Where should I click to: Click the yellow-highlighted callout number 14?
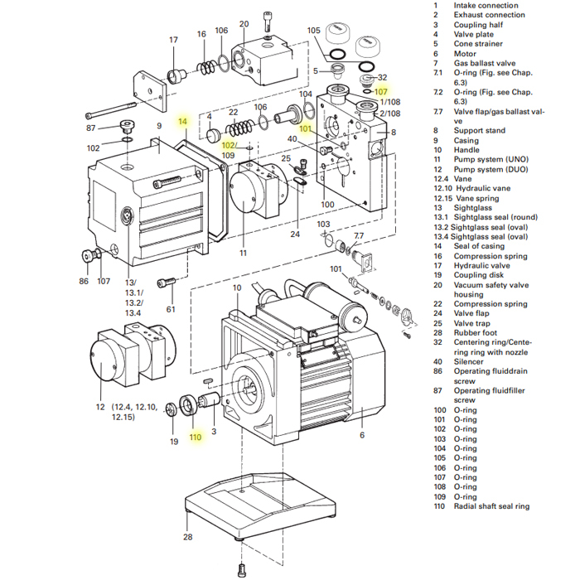click(x=183, y=122)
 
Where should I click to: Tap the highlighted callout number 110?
click(x=195, y=437)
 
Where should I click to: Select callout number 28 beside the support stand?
click(x=187, y=538)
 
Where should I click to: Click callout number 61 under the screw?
click(x=171, y=309)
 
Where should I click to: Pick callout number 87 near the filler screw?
click(x=91, y=128)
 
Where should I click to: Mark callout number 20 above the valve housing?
click(x=243, y=24)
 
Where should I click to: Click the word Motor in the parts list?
click(x=465, y=54)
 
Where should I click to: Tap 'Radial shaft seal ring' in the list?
click(x=491, y=505)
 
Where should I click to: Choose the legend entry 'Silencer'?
click(x=470, y=361)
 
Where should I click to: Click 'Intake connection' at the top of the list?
click(x=486, y=6)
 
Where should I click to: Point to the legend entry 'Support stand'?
click(x=479, y=130)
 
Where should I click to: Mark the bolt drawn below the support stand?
click(x=242, y=569)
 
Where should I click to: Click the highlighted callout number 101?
click(x=305, y=128)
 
